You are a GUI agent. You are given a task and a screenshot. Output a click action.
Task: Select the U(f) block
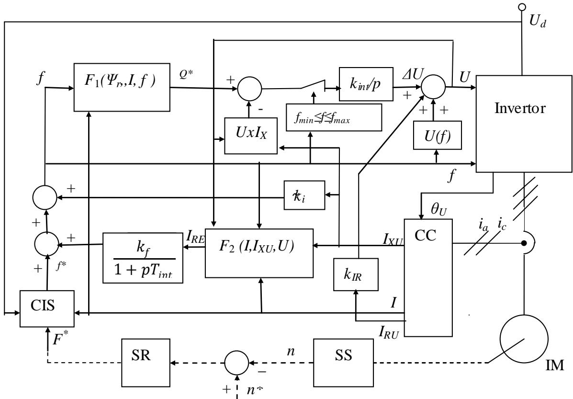(436, 139)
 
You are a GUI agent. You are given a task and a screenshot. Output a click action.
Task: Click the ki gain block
(304, 195)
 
